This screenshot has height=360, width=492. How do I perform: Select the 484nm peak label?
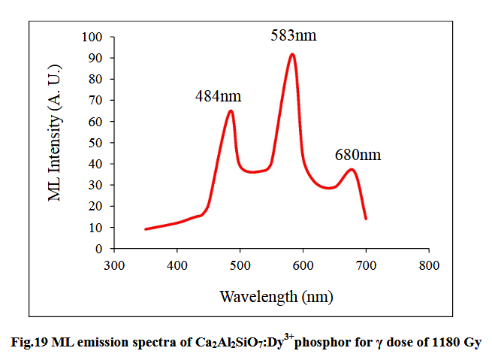(x=218, y=96)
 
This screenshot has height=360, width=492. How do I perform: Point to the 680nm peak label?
(x=358, y=156)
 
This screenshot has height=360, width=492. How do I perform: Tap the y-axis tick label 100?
(x=92, y=37)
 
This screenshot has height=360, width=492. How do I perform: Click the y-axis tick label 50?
(x=95, y=143)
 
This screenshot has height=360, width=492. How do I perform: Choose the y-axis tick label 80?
(x=95, y=79)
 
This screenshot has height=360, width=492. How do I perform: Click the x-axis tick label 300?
(x=113, y=265)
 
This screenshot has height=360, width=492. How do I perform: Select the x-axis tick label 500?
(x=240, y=265)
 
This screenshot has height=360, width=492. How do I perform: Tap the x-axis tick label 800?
(x=429, y=265)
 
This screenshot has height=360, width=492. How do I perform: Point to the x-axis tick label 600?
(x=303, y=265)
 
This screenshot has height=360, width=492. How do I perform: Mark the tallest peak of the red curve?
(x=291, y=54)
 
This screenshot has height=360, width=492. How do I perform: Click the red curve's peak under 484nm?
(x=231, y=111)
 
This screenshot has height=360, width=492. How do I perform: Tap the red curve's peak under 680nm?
(x=351, y=169)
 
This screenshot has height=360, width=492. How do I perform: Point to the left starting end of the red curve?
(x=146, y=229)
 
